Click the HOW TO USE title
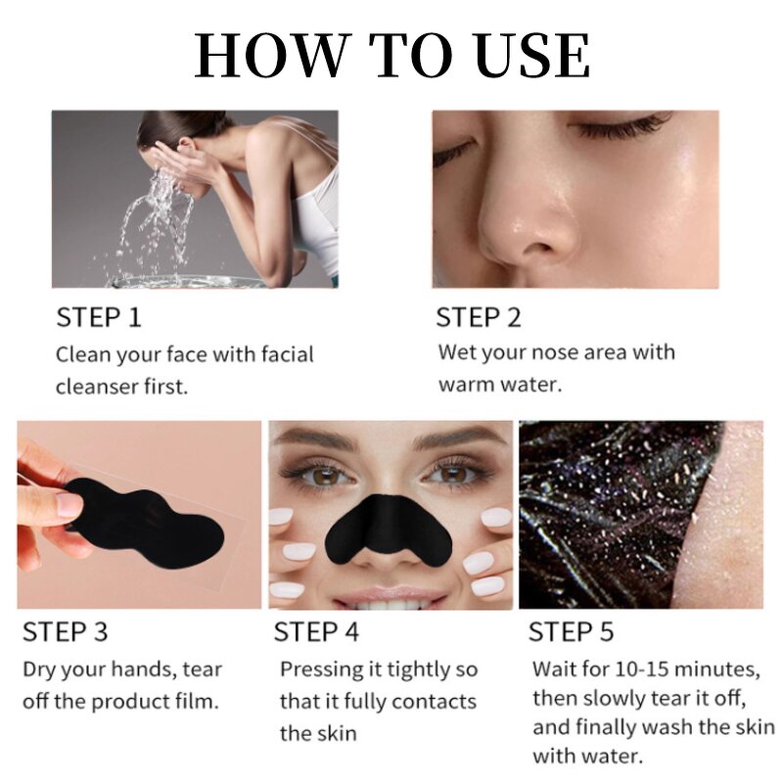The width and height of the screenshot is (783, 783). (x=391, y=56)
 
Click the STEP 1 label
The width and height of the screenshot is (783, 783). (x=99, y=317)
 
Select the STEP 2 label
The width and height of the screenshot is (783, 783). (x=479, y=317)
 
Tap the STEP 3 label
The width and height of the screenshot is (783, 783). (x=65, y=631)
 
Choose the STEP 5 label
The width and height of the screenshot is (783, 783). (x=572, y=631)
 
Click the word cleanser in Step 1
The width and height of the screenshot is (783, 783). (x=99, y=386)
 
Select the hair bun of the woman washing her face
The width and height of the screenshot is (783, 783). (x=157, y=127)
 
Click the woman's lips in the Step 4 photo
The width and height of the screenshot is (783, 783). (x=391, y=593)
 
